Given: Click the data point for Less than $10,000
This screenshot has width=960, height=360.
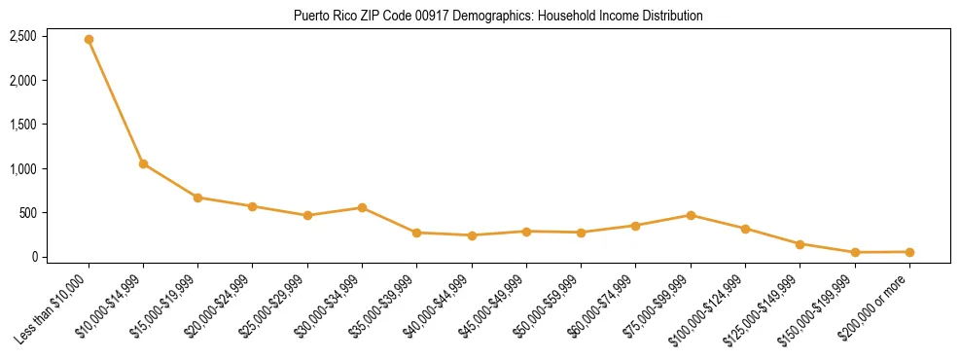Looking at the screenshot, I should pyautogui.click(x=89, y=40).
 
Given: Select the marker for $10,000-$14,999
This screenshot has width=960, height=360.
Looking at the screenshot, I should pyautogui.click(x=143, y=164).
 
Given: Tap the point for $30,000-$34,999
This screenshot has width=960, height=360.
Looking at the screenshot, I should pyautogui.click(x=362, y=207).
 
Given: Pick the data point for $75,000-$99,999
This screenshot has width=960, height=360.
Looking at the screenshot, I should pyautogui.click(x=691, y=215).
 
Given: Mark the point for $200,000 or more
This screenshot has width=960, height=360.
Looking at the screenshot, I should pyautogui.click(x=909, y=252).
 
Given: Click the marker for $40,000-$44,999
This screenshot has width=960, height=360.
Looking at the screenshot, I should pyautogui.click(x=472, y=235).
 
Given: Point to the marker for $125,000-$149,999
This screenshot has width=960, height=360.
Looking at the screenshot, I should pyautogui.click(x=800, y=244).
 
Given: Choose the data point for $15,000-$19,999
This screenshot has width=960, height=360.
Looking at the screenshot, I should pyautogui.click(x=197, y=198).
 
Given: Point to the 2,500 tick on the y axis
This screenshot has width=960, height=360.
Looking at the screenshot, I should pyautogui.click(x=23, y=36).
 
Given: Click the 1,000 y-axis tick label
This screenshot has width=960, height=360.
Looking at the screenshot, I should pyautogui.click(x=23, y=169).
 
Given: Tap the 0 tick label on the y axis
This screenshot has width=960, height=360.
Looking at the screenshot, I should pyautogui.click(x=34, y=257).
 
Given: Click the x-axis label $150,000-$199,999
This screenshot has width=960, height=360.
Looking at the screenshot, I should pyautogui.click(x=823, y=306).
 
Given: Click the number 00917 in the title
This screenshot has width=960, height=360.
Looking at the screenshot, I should pyautogui.click(x=429, y=16).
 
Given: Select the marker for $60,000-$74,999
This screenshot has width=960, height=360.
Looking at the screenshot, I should pyautogui.click(x=635, y=226).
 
